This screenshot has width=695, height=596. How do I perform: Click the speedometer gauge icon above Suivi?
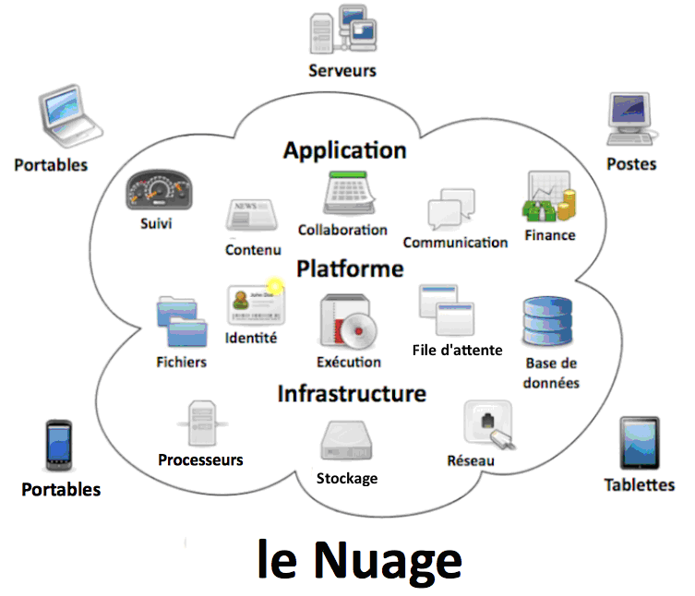(x=159, y=189)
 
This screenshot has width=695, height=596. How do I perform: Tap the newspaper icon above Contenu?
(x=251, y=214)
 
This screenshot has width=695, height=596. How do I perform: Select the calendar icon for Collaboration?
(x=349, y=193)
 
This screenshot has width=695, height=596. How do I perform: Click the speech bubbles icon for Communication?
(x=451, y=209)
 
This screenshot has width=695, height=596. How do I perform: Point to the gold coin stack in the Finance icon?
(x=567, y=204)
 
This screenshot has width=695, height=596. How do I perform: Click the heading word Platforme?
(x=350, y=269)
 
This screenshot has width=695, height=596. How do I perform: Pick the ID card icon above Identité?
(x=256, y=304)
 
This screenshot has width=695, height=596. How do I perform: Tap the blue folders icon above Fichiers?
(x=182, y=321)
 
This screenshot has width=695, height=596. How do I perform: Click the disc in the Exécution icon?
(x=358, y=330)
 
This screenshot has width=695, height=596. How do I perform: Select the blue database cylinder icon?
(x=547, y=321)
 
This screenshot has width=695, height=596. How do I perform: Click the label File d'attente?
(x=458, y=351)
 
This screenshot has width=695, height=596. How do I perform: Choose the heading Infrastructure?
(x=352, y=394)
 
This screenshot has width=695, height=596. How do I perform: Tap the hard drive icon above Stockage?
(x=347, y=440)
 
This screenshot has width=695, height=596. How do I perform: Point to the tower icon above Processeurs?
(x=202, y=423)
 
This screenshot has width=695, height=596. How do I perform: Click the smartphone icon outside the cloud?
(x=59, y=445)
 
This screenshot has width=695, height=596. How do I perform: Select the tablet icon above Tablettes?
(x=640, y=443)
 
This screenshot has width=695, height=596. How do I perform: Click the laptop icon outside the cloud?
(x=70, y=116)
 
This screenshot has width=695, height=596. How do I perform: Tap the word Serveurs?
(x=342, y=71)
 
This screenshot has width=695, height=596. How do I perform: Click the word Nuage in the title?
(x=389, y=560)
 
